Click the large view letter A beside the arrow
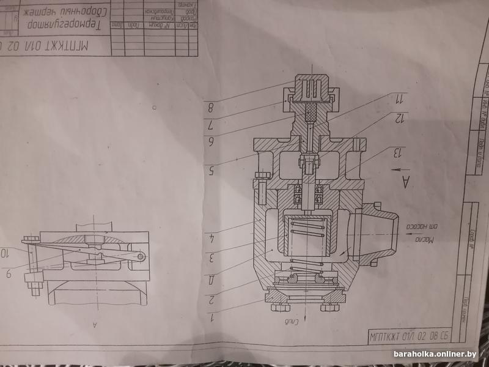pyautogui.click(x=404, y=182)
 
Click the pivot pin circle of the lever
pyautogui.click(x=141, y=257)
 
